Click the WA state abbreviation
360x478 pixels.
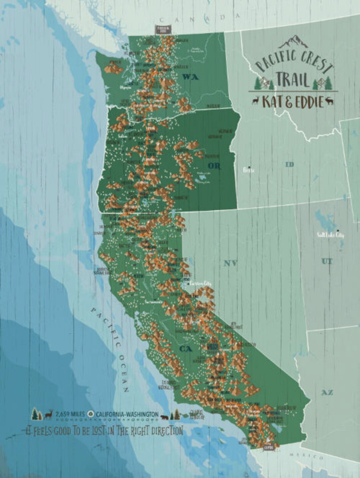(x=190, y=77)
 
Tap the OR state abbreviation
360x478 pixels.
(x=214, y=165)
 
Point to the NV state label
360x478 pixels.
(x=230, y=264)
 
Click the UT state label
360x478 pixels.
(x=327, y=261)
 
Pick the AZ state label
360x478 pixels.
(x=327, y=393)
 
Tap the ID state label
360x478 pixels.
(x=289, y=164)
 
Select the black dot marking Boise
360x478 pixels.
(x=249, y=167)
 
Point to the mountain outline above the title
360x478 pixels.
(x=294, y=42)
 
